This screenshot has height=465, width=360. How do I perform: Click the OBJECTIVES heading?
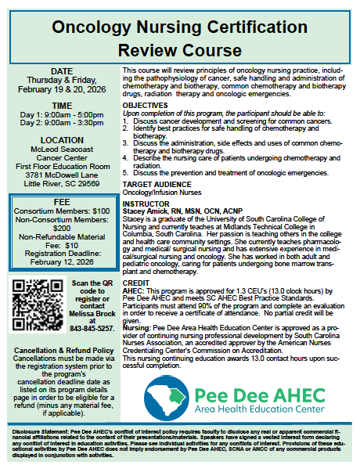[146, 104]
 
